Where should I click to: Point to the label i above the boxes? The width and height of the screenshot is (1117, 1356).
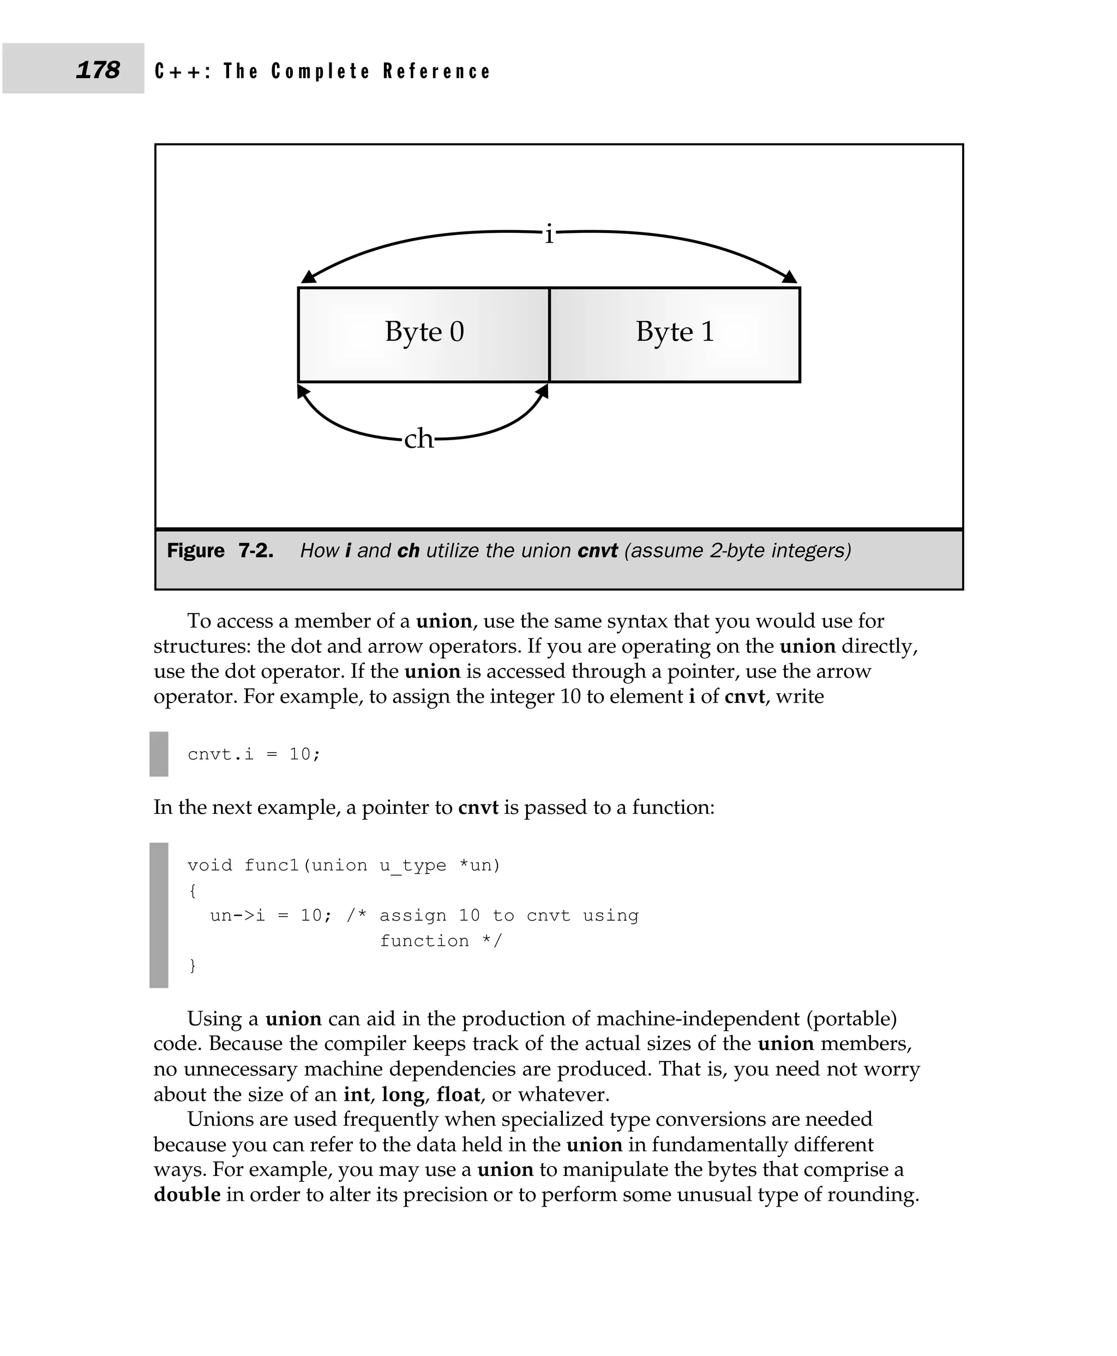tap(548, 233)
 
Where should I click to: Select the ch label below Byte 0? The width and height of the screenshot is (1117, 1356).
tap(418, 439)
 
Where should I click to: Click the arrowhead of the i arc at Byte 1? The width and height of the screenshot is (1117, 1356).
tap(790, 278)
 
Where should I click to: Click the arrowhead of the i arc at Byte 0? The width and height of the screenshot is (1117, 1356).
tap(309, 278)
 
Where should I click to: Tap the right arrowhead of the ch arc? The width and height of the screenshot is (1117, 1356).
tap(543, 391)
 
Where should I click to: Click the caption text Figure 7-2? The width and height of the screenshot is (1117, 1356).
tap(220, 551)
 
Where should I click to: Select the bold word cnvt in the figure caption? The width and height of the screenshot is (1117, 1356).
tap(597, 551)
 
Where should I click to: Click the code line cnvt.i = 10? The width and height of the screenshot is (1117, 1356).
tap(254, 754)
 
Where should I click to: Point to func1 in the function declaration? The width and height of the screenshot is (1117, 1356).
tap(271, 865)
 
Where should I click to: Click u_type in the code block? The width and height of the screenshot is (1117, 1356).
tap(412, 865)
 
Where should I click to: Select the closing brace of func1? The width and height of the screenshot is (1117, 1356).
tap(192, 965)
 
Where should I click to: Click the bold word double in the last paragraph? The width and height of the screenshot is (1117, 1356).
tap(187, 1195)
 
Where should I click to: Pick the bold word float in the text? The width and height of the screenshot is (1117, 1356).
tap(458, 1094)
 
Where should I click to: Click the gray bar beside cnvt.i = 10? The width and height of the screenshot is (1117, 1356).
tap(158, 754)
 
